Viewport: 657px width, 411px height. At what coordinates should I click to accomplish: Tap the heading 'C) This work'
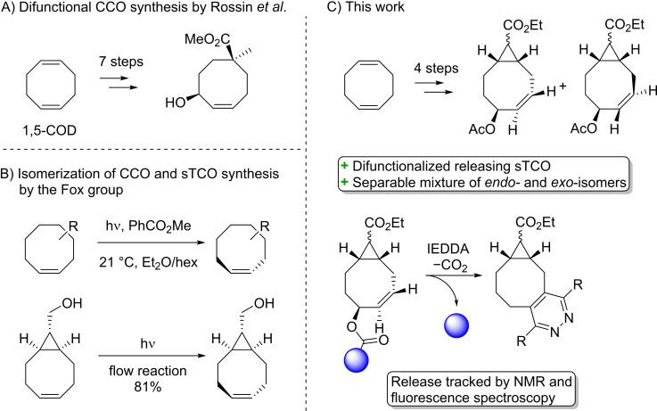376,9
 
